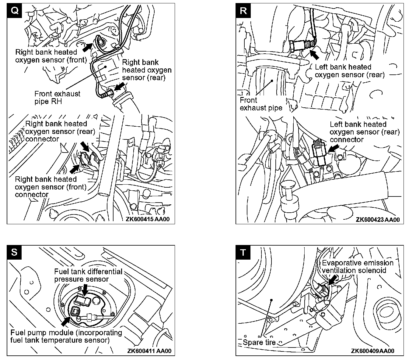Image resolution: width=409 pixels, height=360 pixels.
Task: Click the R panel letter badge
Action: pos(243,11)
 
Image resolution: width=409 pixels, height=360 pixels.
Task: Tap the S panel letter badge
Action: pos(14,253)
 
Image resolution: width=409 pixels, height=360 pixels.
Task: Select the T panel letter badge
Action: pos(243,253)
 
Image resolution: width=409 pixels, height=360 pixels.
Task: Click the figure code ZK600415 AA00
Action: pos(148,219)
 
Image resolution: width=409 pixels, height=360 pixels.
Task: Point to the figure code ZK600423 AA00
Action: pos(377,220)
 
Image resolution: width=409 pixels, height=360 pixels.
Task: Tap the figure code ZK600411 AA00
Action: pos(149,351)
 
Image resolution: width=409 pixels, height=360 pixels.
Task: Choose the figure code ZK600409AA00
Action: pos(372,351)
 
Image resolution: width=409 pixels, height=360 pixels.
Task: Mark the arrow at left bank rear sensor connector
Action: pos(334,149)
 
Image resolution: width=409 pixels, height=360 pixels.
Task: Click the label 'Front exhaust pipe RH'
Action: pos(57,97)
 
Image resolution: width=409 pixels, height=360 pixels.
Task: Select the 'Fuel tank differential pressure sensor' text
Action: pos(88,275)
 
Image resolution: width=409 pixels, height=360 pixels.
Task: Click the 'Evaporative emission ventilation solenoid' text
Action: pos(358,266)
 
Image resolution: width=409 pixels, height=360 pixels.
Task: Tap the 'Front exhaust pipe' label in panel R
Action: pos(261,104)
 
